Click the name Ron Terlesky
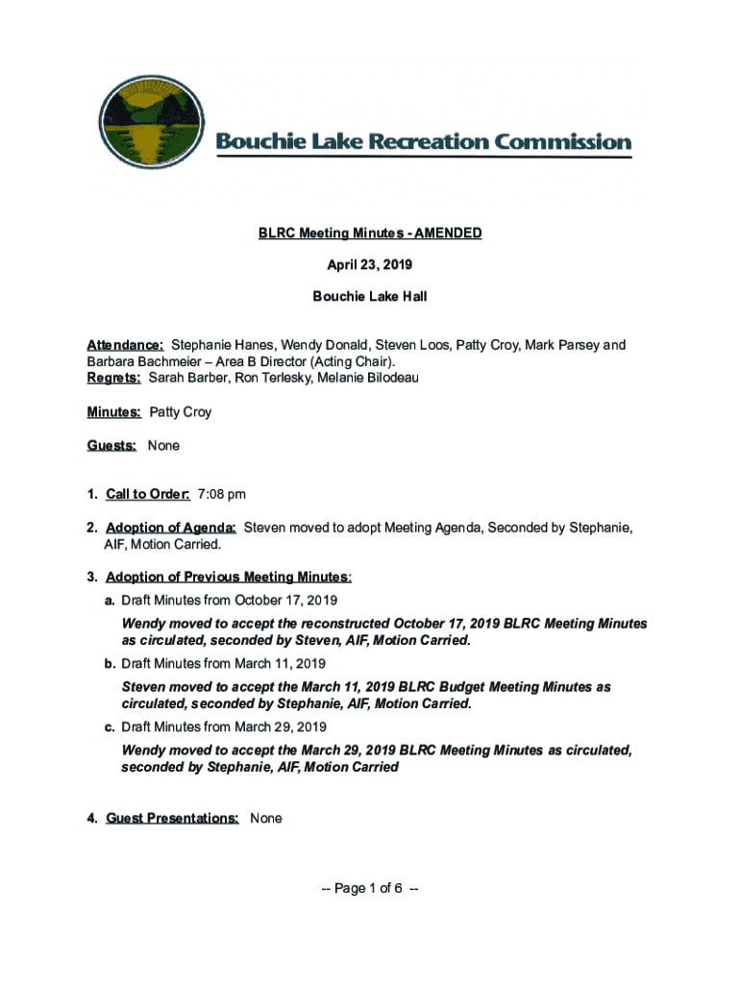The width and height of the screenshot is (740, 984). point(262,378)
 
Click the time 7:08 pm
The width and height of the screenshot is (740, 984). point(221,494)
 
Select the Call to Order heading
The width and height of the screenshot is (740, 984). point(147,494)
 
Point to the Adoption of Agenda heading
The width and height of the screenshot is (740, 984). point(171,528)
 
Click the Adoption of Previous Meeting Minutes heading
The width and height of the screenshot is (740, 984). point(228,577)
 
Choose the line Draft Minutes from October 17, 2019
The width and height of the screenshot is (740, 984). point(229,601)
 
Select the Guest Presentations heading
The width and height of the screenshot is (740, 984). point(172,818)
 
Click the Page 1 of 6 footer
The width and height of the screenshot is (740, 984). point(370,889)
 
